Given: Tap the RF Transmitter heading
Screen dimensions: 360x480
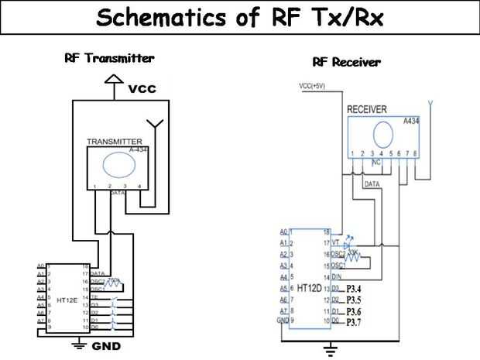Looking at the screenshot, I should click(x=109, y=58).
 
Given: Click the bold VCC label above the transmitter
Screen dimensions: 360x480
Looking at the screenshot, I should click(x=142, y=89).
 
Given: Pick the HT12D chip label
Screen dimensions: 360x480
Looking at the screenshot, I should click(x=310, y=288).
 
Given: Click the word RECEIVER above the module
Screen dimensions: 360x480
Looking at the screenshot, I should click(x=367, y=110).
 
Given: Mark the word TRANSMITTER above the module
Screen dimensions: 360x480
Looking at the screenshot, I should click(x=114, y=142).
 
